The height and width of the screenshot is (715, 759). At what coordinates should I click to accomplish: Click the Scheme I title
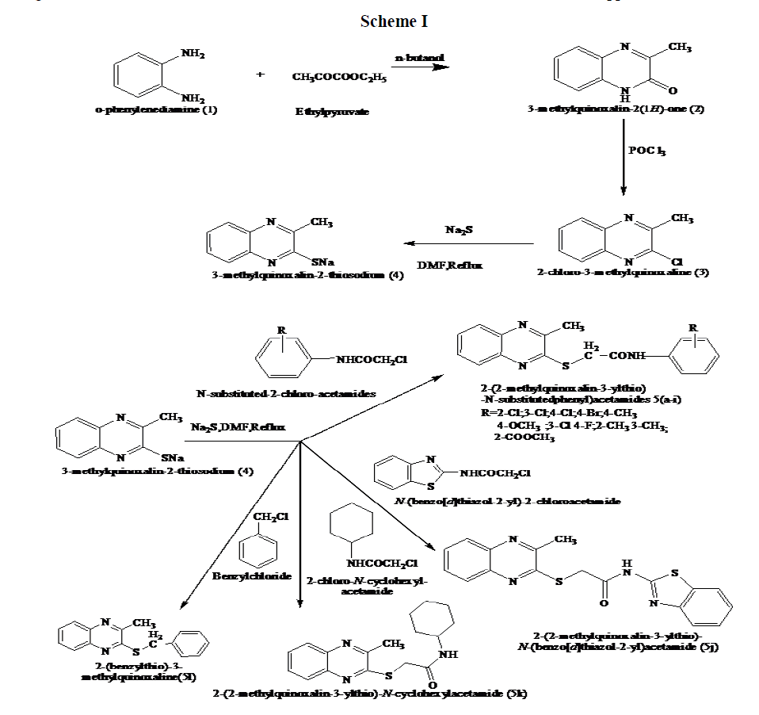(394, 21)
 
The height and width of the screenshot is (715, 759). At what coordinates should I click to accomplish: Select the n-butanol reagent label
(419, 58)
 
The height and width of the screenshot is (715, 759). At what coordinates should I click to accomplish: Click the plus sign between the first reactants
(260, 75)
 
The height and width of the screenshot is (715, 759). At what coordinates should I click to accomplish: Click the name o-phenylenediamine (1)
(155, 109)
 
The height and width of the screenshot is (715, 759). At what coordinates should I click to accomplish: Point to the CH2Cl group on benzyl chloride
(271, 517)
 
